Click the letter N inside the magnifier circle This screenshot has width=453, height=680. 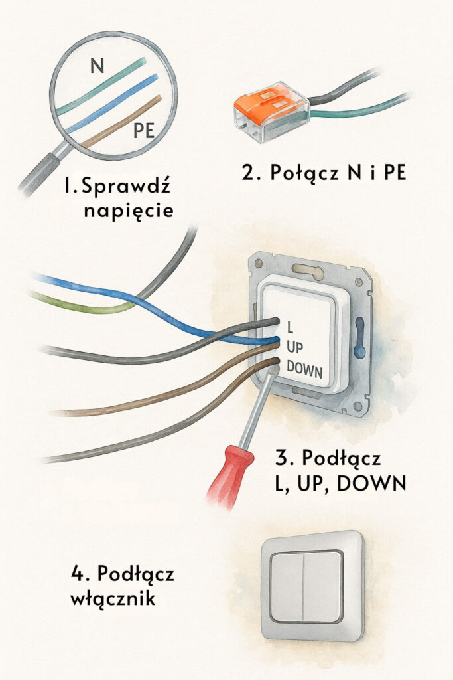click(x=97, y=66)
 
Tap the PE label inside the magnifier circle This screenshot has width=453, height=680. click(x=144, y=130)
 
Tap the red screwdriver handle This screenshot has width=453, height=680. click(x=227, y=475)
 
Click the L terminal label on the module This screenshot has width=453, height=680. click(x=290, y=326)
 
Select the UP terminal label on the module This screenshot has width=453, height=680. click(x=296, y=346)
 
